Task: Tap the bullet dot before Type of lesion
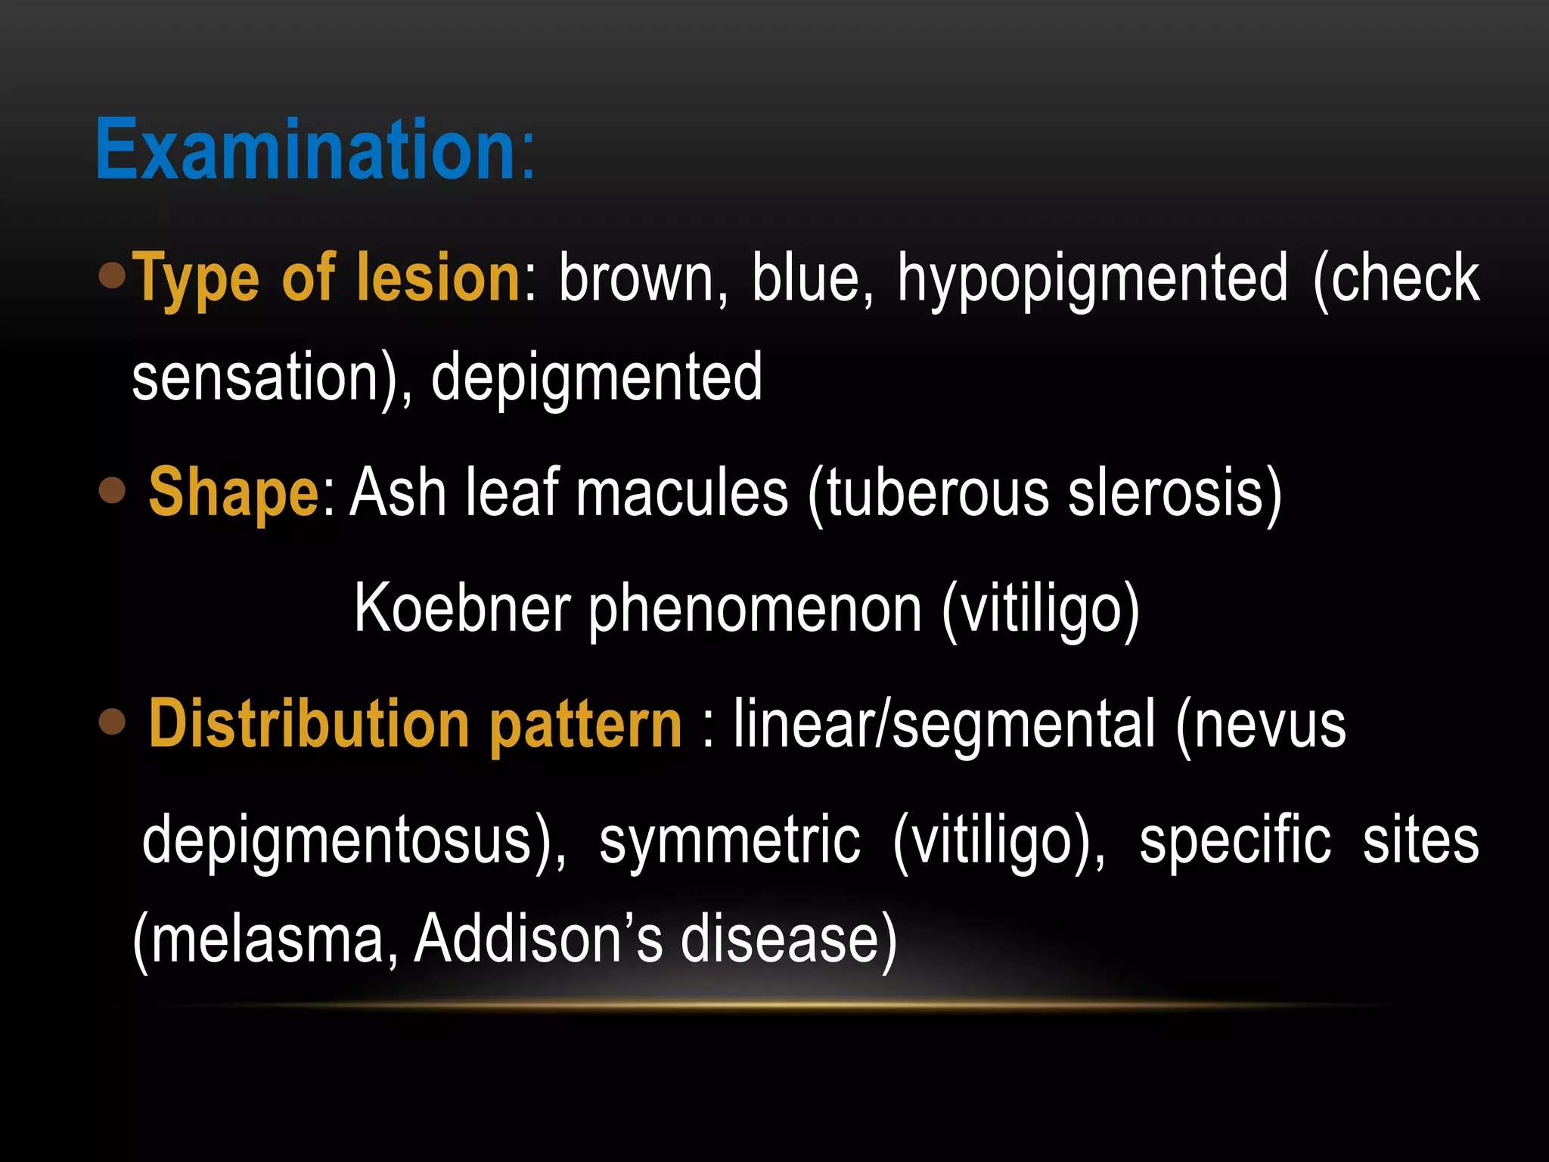tap(112, 275)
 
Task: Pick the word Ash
tap(398, 493)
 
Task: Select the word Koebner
tap(462, 609)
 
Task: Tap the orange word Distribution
tap(309, 724)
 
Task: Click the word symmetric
tap(729, 841)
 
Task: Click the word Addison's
tap(538, 939)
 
